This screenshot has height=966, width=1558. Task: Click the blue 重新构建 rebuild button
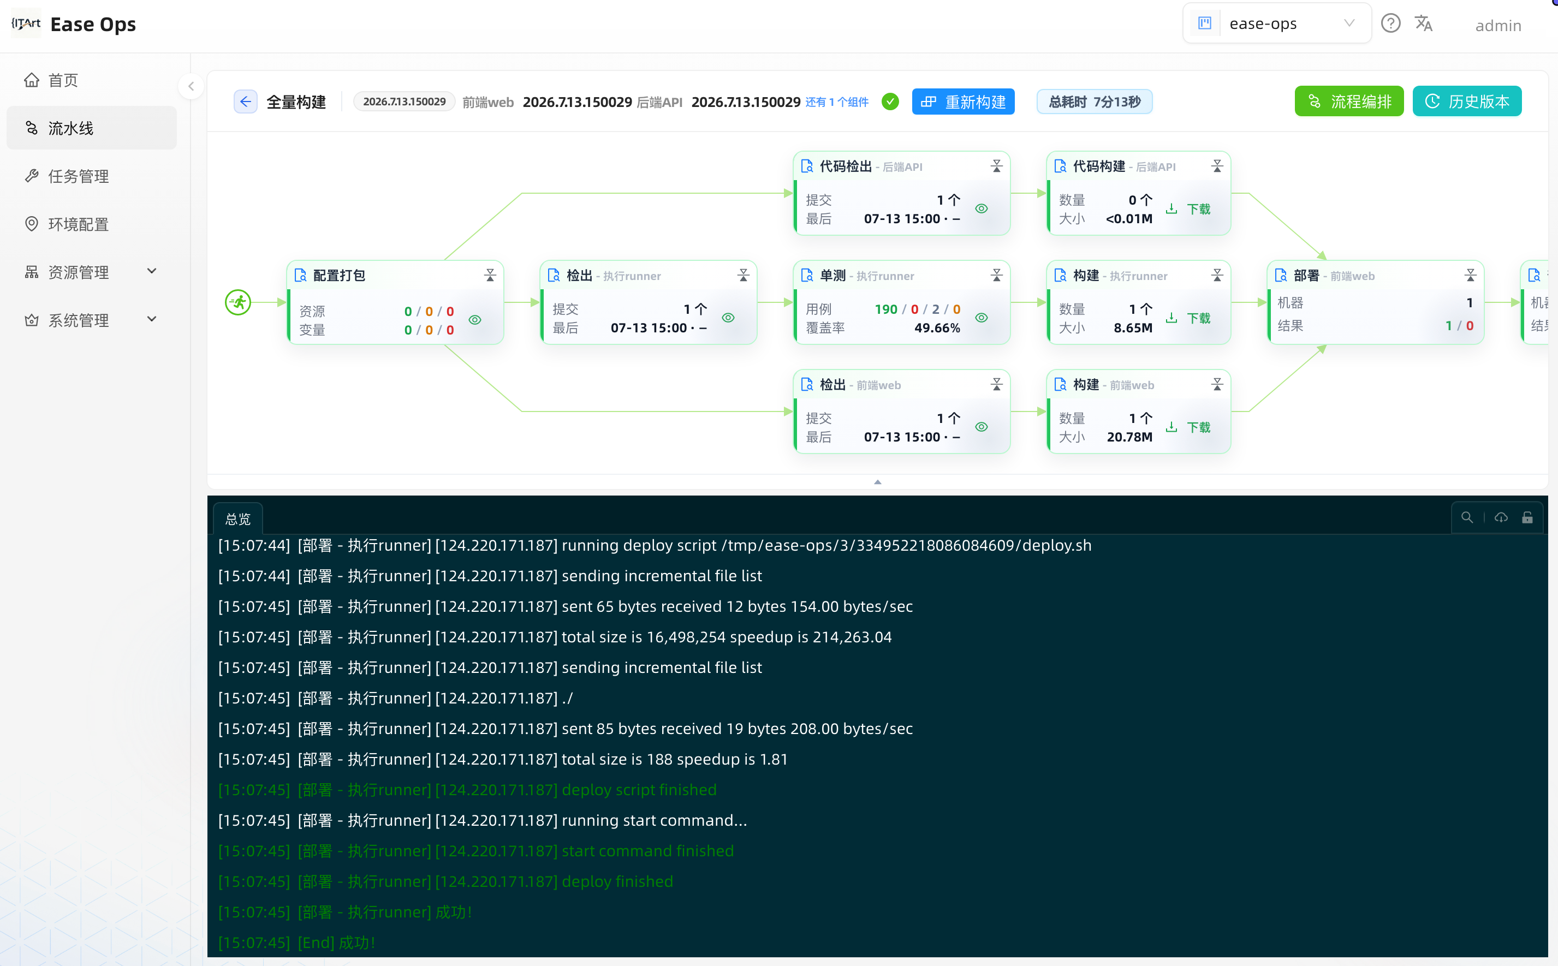click(x=963, y=102)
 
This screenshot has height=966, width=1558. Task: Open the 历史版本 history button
click(x=1467, y=101)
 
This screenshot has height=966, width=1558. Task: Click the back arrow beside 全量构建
click(x=246, y=102)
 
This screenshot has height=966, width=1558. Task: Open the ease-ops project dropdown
click(x=1277, y=23)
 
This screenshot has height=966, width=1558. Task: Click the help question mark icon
click(x=1390, y=23)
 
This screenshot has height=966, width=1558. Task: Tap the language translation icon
click(x=1424, y=23)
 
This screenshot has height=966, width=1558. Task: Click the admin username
click(x=1498, y=26)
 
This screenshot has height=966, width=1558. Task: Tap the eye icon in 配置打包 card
click(x=475, y=319)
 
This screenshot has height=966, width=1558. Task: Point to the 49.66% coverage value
click(x=937, y=328)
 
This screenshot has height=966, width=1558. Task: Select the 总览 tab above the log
click(x=237, y=519)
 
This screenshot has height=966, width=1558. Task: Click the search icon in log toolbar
click(x=1467, y=517)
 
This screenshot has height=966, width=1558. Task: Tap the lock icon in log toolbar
click(x=1527, y=517)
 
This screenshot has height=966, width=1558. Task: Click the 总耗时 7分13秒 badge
click(x=1094, y=102)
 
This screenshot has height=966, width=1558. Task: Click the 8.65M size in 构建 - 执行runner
click(x=1133, y=328)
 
